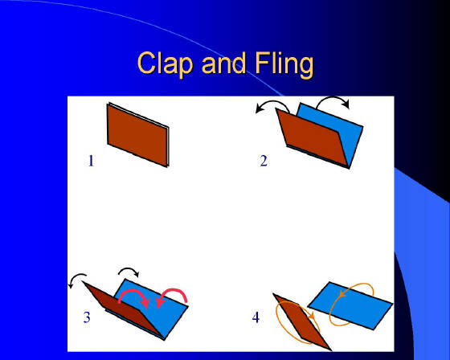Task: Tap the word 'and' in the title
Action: tap(224, 63)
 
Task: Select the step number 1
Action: tap(91, 161)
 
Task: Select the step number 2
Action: tap(264, 161)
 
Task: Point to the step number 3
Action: tap(87, 317)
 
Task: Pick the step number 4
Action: tap(256, 317)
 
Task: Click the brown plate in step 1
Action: tap(137, 135)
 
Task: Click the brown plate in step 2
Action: tap(312, 137)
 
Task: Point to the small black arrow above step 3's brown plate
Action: tap(76, 277)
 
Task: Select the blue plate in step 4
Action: tap(350, 305)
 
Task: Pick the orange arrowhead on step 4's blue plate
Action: tap(342, 294)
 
